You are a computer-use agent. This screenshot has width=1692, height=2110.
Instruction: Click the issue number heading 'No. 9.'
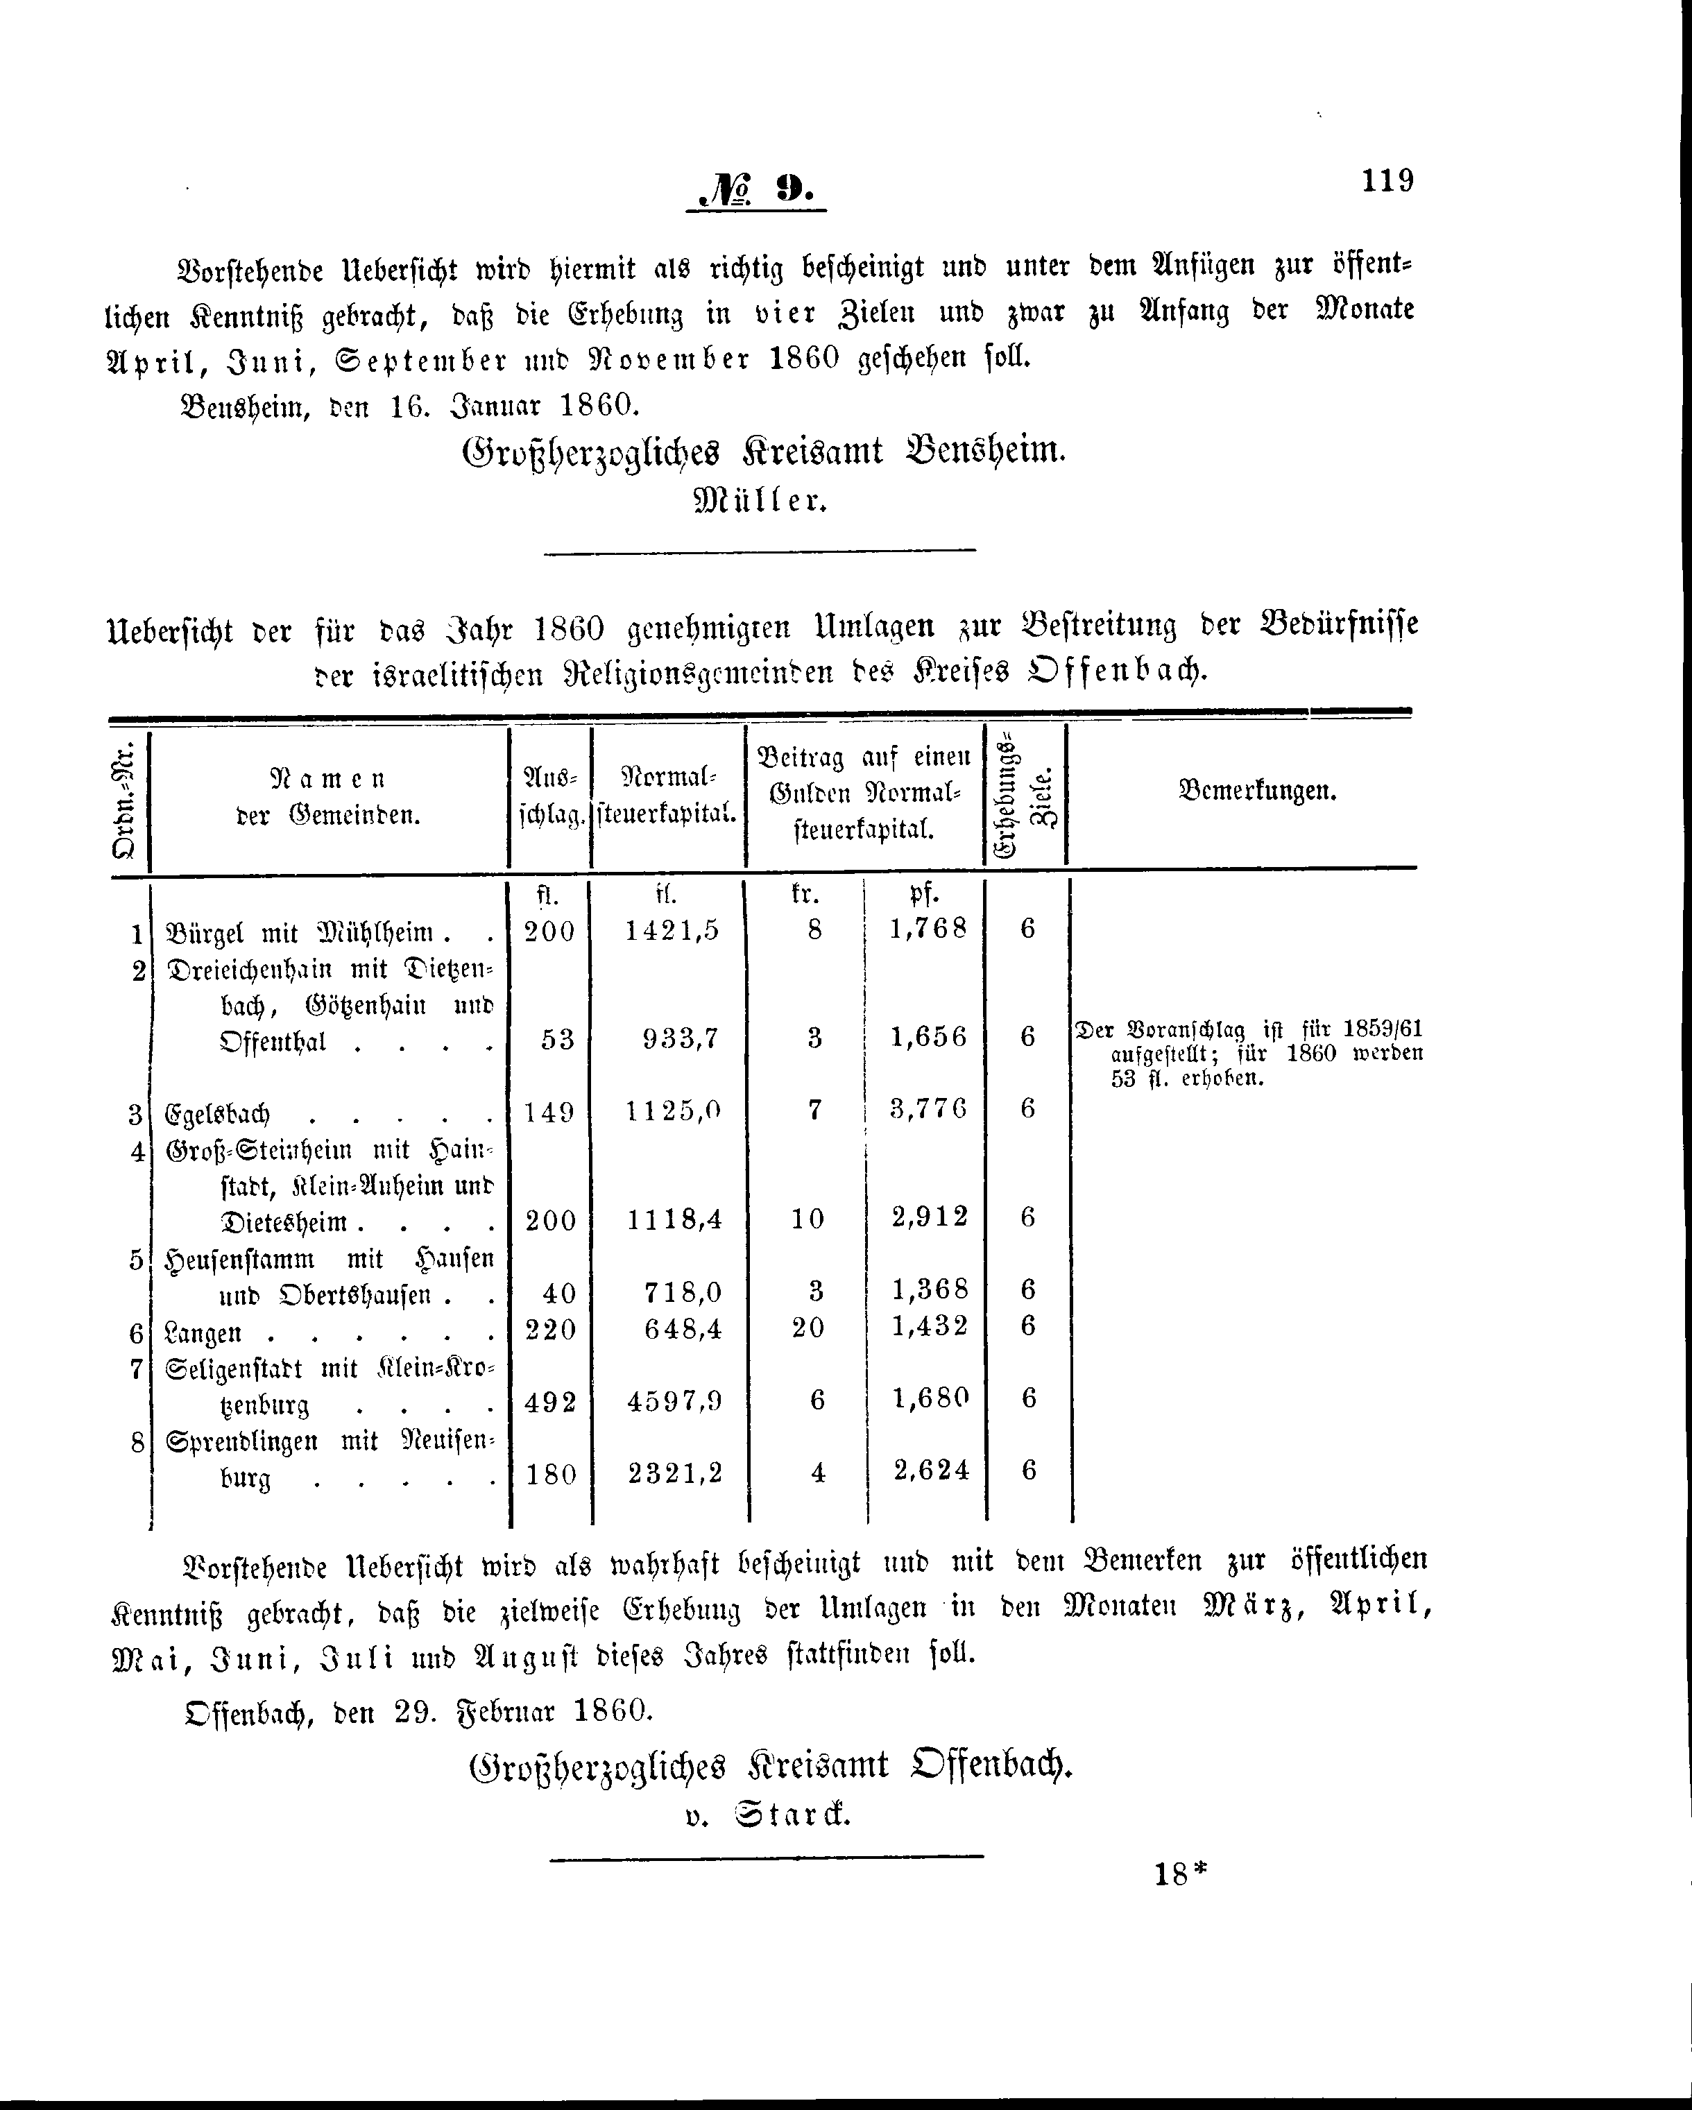click(755, 189)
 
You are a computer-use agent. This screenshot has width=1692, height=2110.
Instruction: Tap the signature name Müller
click(760, 502)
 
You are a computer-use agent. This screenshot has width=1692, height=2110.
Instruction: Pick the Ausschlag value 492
click(550, 1401)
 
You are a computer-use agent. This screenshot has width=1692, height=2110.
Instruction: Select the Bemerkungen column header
click(1258, 791)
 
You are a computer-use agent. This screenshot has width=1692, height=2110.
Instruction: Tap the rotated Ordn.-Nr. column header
click(126, 798)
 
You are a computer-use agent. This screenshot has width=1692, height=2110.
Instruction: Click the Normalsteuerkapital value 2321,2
click(674, 1473)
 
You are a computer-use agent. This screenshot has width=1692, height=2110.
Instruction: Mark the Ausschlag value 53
click(557, 1038)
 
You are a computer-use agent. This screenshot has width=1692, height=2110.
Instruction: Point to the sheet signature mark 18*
click(1181, 1874)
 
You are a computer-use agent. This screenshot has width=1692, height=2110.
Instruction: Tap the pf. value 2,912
click(929, 1217)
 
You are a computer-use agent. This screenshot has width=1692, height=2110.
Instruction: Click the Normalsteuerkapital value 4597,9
click(674, 1400)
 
